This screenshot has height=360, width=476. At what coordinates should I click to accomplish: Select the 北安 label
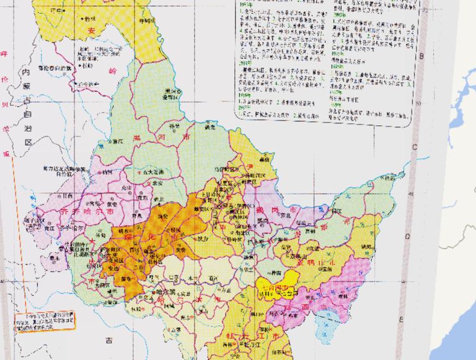pos(155,183)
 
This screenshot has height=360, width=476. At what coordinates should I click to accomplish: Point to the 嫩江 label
pos(118,142)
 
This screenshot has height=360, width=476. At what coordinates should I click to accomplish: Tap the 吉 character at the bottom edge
pos(109,339)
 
